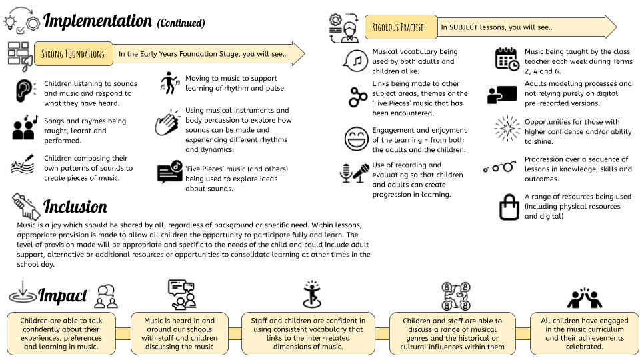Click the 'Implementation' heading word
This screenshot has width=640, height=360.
[x=97, y=21]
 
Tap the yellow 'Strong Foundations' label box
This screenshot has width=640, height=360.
[x=73, y=54]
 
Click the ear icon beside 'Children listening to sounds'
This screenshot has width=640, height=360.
[x=24, y=90]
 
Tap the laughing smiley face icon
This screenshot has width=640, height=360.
[x=356, y=139]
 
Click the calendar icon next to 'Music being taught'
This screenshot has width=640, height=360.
[x=507, y=59]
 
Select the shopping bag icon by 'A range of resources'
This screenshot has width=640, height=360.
[x=509, y=207]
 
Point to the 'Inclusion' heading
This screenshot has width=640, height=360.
[x=75, y=207]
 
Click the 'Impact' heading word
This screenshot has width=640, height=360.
[x=63, y=295]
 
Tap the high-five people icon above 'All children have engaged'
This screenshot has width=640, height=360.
[x=585, y=297]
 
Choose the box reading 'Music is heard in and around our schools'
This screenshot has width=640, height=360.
[x=179, y=333]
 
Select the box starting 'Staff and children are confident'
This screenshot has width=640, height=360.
[x=308, y=333]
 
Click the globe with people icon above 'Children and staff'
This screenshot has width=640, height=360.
[x=456, y=296]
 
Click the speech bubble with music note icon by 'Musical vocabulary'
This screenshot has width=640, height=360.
[x=355, y=61]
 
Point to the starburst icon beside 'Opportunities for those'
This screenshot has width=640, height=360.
[x=507, y=129]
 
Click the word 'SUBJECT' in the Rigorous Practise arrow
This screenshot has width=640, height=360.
[x=463, y=27]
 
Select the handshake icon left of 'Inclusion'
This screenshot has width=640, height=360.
[x=26, y=206]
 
